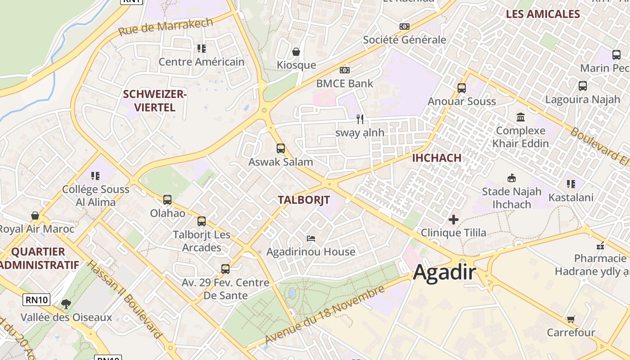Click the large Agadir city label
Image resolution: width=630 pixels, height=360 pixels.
click(x=445, y=272)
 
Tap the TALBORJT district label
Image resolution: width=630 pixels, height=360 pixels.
click(x=304, y=200)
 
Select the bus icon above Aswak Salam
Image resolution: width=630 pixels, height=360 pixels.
click(x=281, y=148)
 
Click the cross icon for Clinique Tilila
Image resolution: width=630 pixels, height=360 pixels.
click(x=454, y=220)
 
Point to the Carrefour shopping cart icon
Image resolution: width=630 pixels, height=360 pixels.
click(x=571, y=319)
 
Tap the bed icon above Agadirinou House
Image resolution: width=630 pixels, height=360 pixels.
click(x=311, y=238)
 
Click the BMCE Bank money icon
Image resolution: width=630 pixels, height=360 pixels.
click(x=345, y=70)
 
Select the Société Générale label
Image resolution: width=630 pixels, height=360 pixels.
click(x=405, y=40)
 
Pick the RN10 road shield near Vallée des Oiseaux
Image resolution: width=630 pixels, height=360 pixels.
click(x=36, y=300)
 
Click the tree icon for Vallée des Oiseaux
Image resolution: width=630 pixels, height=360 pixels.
click(x=66, y=304)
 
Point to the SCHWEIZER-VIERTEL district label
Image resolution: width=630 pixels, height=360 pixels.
click(x=155, y=101)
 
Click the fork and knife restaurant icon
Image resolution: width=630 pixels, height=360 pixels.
click(x=360, y=119)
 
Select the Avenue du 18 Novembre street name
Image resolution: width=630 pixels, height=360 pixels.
click(x=325, y=314)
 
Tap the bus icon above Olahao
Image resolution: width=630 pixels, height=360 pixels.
click(x=167, y=200)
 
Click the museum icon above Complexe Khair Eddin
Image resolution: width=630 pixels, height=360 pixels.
click(x=521, y=117)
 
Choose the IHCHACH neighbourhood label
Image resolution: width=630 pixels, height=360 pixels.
click(x=436, y=158)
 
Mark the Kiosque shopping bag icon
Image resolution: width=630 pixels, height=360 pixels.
click(x=296, y=52)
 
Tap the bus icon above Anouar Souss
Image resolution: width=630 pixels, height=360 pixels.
click(x=462, y=88)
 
